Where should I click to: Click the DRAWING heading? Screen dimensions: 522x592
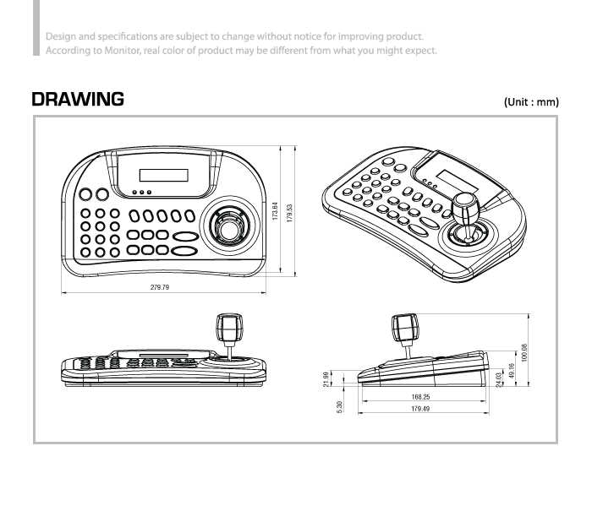[78, 100]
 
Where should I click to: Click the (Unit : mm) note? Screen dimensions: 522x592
[531, 101]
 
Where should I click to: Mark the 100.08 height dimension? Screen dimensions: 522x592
[524, 351]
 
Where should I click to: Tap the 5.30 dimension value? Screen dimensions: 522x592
[339, 406]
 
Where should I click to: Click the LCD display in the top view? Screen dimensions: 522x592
[163, 175]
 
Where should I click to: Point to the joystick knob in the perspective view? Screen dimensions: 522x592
[467, 206]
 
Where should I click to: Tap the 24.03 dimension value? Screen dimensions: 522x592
[500, 379]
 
